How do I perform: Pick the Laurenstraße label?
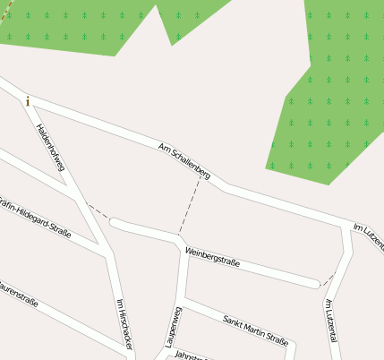(18, 295)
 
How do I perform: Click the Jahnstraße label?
(190, 356)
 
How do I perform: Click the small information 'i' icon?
(28, 101)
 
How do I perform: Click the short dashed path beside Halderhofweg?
(98, 214)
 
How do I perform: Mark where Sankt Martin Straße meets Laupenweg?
(182, 299)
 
